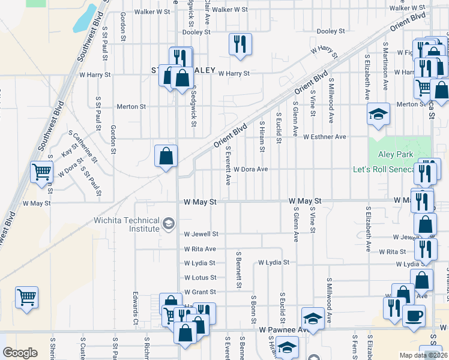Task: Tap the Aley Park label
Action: pyautogui.click(x=396, y=154)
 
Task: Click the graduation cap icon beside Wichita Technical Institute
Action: pyautogui.click(x=169, y=224)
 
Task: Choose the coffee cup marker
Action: pyautogui.click(x=413, y=316)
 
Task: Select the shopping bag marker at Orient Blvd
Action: pyautogui.click(x=166, y=156)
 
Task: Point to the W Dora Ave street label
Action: pyautogui.click(x=250, y=169)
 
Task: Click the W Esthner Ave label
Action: pyautogui.click(x=325, y=137)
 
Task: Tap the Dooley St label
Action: pyautogui.click(x=331, y=31)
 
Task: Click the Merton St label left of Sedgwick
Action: pyautogui.click(x=131, y=107)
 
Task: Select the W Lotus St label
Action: pyautogui.click(x=200, y=278)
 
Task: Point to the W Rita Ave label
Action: pyautogui.click(x=200, y=249)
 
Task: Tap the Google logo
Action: pyautogui.click(x=20, y=353)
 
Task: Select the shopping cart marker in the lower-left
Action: pyautogui.click(x=27, y=297)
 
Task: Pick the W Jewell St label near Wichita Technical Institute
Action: pyautogui.click(x=201, y=234)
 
